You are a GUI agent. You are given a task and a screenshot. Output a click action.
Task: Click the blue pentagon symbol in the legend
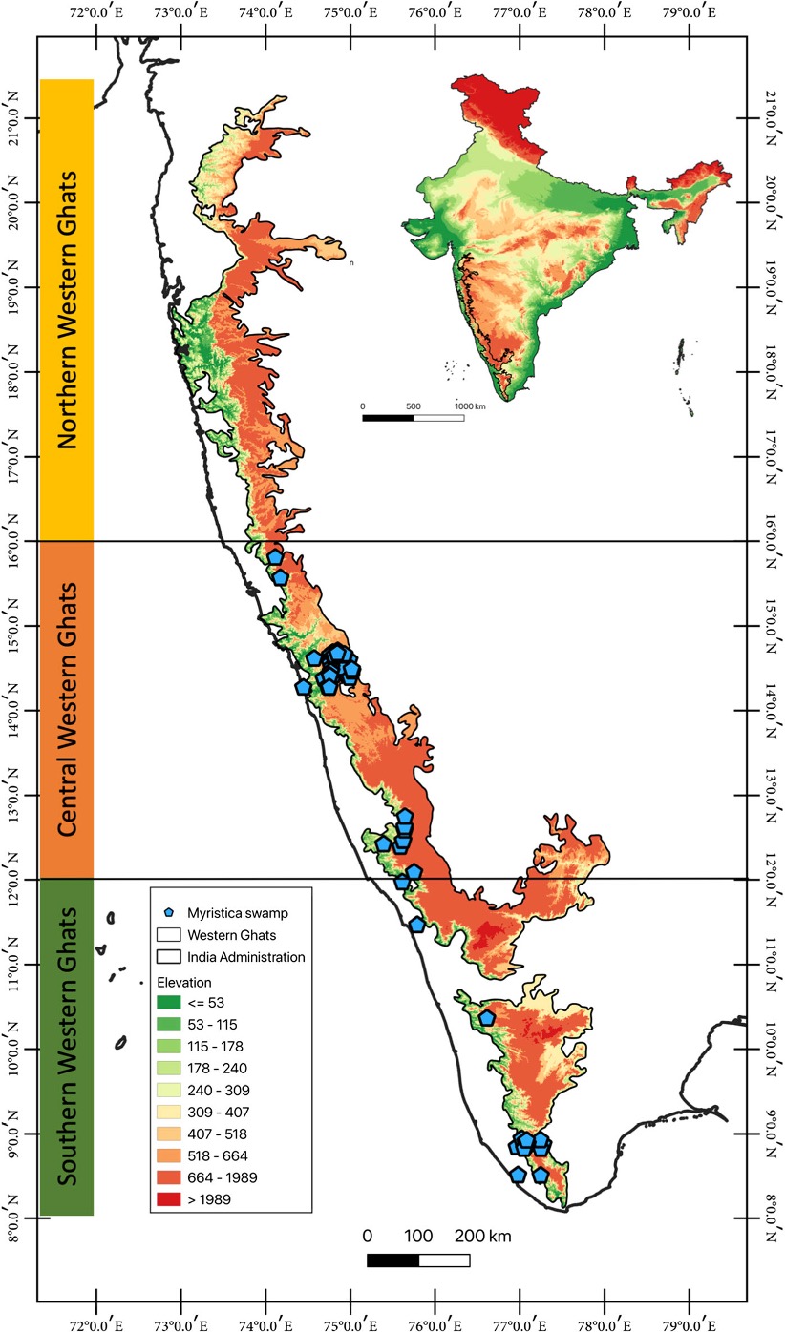(170, 912)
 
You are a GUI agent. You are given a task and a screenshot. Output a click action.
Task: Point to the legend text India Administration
(246, 956)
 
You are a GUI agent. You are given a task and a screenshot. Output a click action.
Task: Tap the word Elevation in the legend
(185, 981)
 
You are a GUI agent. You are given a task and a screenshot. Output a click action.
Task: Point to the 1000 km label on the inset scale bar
(470, 406)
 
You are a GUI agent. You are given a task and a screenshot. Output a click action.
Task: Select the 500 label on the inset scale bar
(413, 406)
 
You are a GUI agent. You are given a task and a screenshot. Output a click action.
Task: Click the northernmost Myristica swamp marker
(275, 557)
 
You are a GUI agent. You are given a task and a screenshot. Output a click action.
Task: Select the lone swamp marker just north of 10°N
(487, 1017)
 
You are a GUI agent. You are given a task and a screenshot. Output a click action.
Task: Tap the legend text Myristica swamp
(235, 912)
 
